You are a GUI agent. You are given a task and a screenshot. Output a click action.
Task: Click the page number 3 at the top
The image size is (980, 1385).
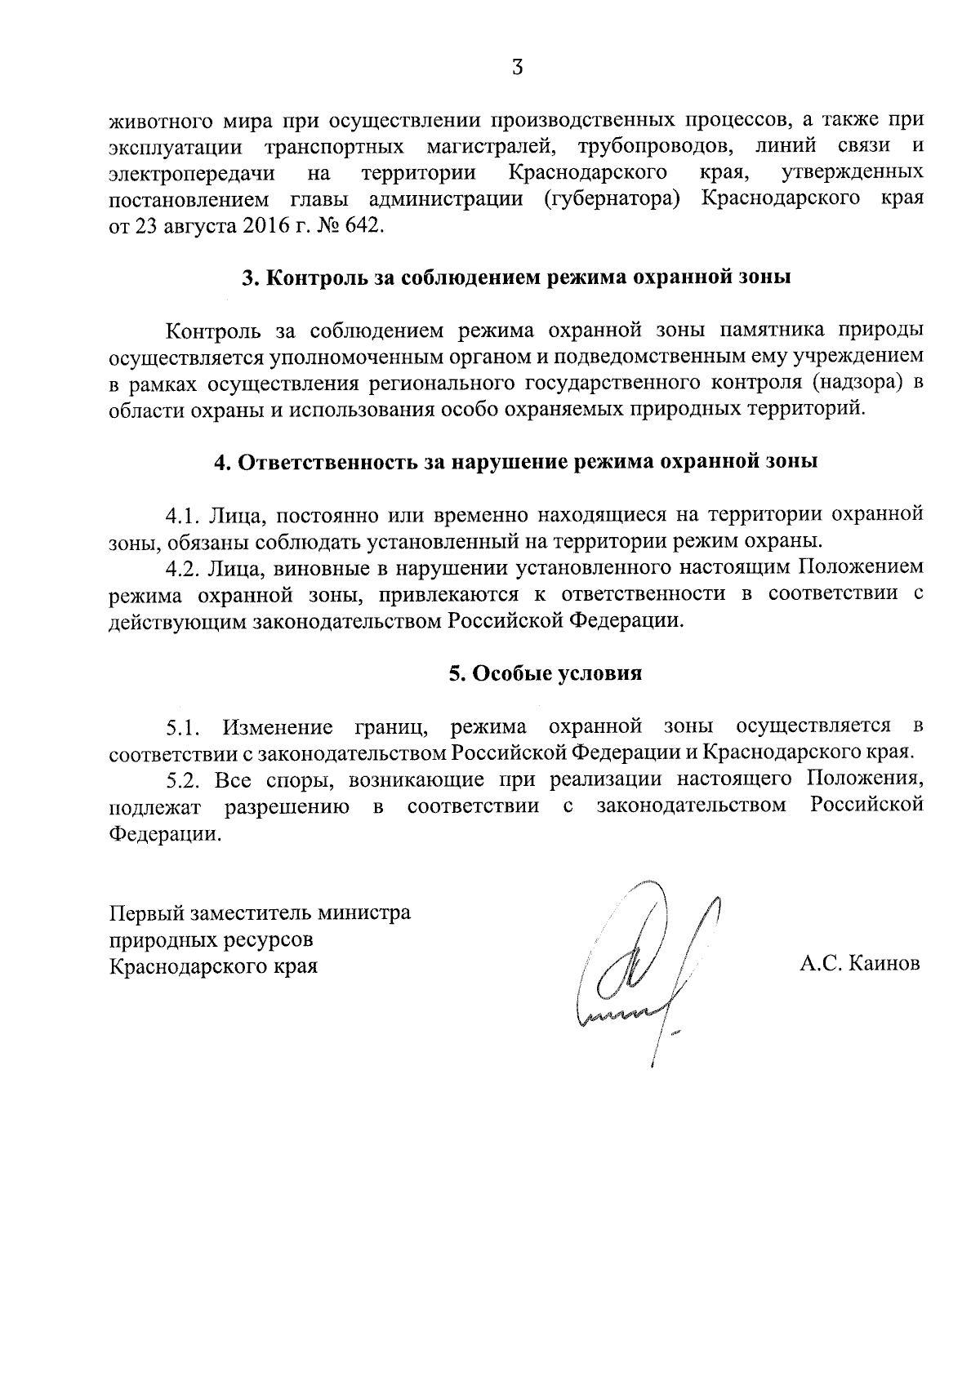click(x=516, y=69)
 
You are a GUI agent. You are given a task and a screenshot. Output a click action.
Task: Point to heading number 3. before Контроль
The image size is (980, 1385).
click(x=252, y=277)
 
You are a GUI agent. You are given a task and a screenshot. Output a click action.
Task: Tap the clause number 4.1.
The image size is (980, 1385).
click(x=183, y=515)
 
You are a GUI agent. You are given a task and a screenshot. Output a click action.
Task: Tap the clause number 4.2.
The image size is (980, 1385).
click(x=183, y=568)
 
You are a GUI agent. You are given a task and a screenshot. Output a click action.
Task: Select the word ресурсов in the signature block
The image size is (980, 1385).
click(x=274, y=939)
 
